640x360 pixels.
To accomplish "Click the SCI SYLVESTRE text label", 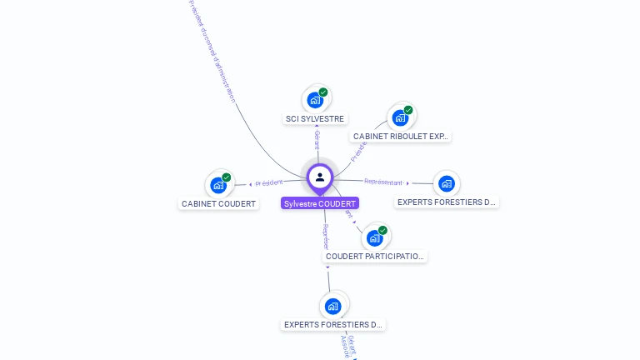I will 315,119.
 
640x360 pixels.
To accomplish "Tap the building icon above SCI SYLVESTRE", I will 315,100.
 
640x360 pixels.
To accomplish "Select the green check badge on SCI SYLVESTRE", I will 323,92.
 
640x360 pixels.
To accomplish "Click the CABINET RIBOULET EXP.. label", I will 401,136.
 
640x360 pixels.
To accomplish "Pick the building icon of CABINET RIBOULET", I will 400,117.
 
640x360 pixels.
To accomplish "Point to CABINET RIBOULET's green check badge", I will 408,110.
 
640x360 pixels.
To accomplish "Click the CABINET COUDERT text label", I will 219,203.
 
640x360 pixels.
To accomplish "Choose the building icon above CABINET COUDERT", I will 218,185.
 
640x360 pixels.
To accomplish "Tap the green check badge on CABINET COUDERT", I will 227,177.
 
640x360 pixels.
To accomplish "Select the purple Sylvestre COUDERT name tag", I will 320,203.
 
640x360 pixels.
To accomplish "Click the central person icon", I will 320,177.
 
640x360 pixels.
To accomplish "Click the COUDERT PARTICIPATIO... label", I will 375,257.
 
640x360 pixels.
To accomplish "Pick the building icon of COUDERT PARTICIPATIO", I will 375,237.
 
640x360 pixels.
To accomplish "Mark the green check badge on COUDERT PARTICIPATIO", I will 382,230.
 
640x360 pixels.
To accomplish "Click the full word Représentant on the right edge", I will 383,182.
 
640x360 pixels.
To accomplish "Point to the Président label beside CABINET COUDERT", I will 269,182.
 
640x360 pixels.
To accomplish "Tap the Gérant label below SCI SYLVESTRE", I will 317,139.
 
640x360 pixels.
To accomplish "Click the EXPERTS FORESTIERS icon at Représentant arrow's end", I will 447,183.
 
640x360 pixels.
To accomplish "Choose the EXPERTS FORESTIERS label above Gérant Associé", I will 333,324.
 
